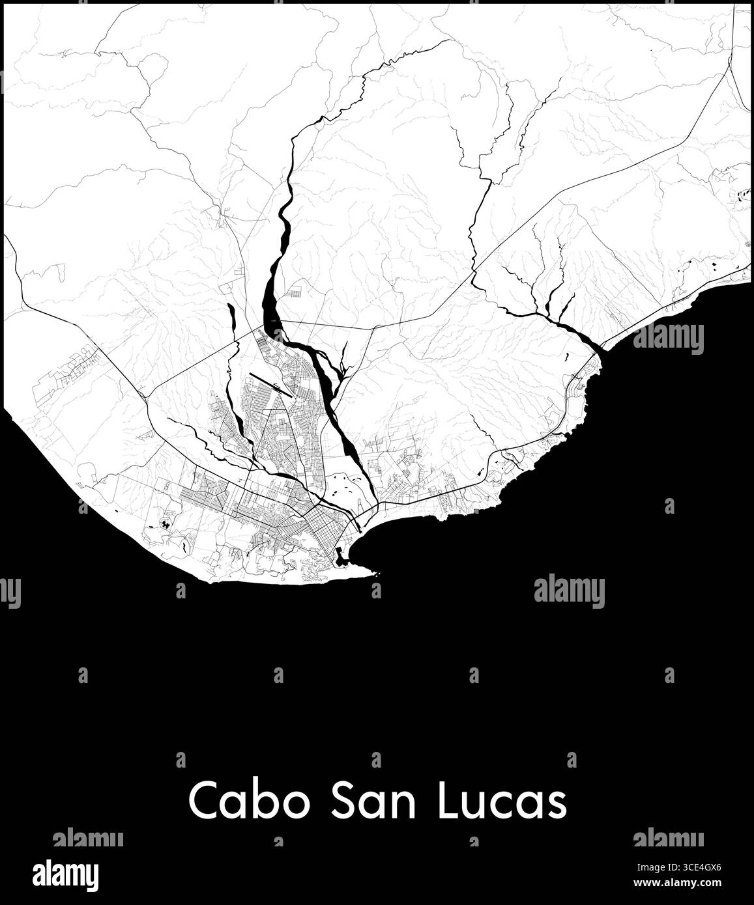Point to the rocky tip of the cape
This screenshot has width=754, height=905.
(375, 574)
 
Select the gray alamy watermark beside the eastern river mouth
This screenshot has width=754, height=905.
(668, 337)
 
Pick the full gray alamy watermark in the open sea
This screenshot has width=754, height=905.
(569, 591)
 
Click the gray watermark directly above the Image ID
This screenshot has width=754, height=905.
(668, 838)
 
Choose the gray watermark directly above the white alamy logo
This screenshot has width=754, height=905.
(87, 838)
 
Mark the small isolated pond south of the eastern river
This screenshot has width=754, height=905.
(566, 357)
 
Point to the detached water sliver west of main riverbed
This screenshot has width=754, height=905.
(231, 319)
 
